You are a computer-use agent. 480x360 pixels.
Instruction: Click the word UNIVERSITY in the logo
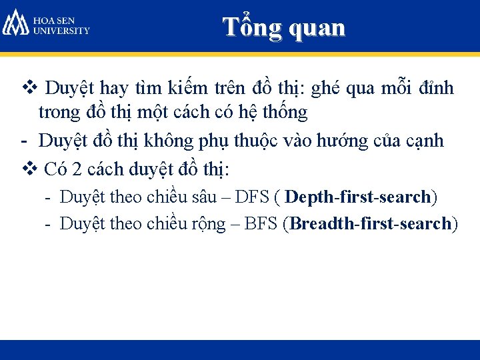coord(61,31)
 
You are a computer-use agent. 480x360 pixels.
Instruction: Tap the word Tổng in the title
coord(247,27)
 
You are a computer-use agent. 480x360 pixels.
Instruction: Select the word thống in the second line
coord(287,113)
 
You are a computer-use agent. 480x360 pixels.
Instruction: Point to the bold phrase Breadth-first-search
coord(371,223)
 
